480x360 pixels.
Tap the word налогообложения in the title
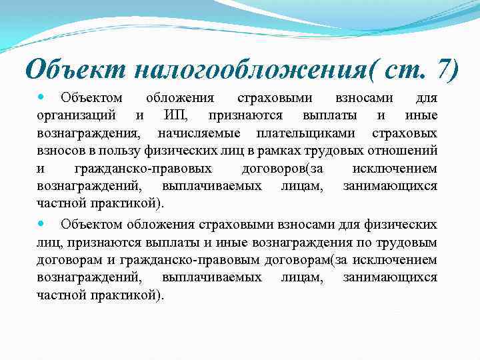[x=243, y=69]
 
